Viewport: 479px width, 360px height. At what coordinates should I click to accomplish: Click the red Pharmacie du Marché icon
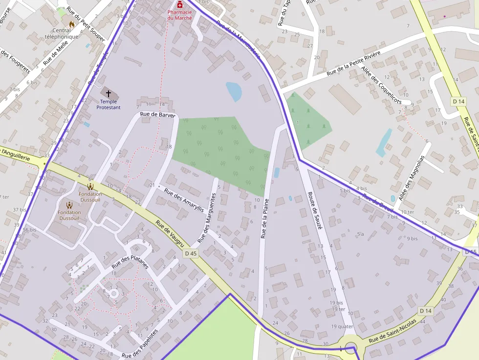coord(180,4)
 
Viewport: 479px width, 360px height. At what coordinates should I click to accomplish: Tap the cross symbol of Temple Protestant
coord(108,93)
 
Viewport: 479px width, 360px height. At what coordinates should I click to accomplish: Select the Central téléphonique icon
coord(72,23)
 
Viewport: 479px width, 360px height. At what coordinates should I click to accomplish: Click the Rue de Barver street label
coord(151,114)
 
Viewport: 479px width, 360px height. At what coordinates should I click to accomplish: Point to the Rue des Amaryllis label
coord(184,200)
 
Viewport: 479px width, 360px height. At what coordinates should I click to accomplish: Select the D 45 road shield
coord(191,254)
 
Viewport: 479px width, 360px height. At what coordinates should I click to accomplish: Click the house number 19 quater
coord(342,326)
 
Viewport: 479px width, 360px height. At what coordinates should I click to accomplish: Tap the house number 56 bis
coord(29,230)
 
